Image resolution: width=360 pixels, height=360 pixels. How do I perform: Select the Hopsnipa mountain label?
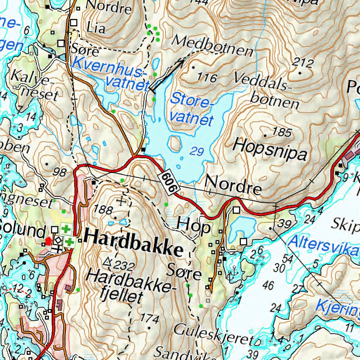coord(270,149)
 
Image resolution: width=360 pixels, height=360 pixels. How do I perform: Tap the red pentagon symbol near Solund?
coord(49,241)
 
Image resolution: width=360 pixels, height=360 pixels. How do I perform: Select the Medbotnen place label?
coord(212,46)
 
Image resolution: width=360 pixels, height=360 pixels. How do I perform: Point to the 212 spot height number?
coord(302,63)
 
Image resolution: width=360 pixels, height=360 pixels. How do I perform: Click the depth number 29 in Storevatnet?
coord(197,152)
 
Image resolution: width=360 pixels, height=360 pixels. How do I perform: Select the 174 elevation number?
coord(149,319)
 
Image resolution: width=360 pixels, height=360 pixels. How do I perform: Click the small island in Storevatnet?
coord(175,144)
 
